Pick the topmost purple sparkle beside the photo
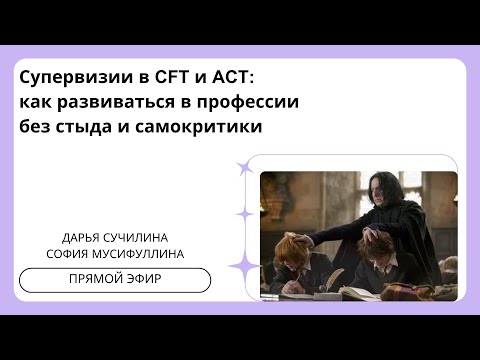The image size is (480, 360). coord(243,169)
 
